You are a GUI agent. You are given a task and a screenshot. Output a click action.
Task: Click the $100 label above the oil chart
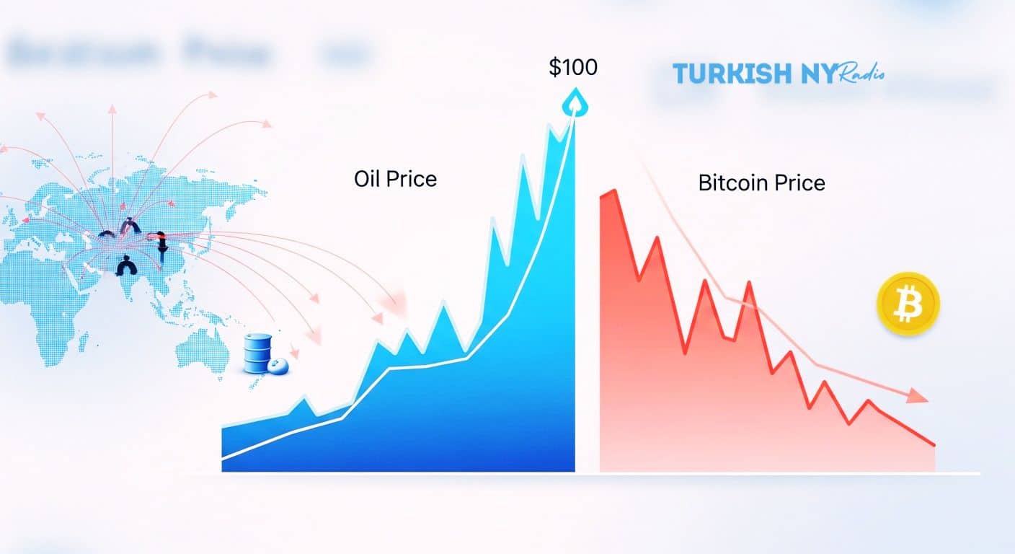(573, 68)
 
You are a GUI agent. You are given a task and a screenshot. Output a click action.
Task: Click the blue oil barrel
(257, 353)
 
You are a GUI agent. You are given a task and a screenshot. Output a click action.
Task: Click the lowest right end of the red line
(934, 444)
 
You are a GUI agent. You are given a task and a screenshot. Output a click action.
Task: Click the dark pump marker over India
(127, 266)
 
